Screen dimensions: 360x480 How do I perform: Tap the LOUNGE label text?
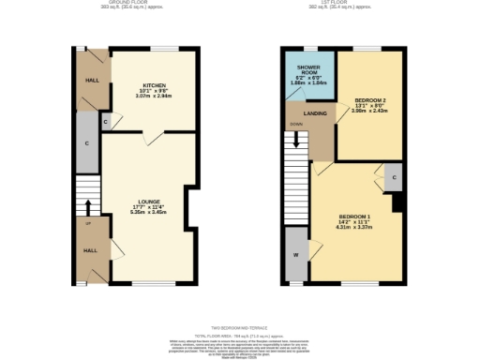click(x=147, y=202)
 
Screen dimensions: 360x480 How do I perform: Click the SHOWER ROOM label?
click(x=308, y=72)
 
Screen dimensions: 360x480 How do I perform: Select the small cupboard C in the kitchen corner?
click(x=105, y=122)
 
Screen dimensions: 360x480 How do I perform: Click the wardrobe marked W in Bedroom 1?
click(x=296, y=254)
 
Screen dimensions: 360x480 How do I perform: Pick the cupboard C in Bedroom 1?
click(x=394, y=176)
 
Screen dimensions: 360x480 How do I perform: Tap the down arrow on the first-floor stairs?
click(x=298, y=141)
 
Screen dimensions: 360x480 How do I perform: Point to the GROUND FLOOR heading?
click(x=113, y=4)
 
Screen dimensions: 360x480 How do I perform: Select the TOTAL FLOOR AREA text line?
click(x=239, y=335)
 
